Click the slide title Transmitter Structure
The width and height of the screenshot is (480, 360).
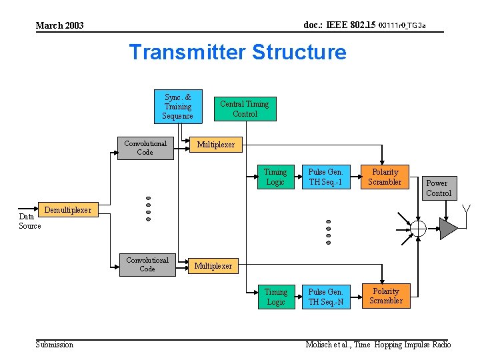237,52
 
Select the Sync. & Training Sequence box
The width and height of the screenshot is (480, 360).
178,107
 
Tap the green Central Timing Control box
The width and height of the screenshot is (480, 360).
245,109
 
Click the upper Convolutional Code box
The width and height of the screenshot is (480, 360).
145,148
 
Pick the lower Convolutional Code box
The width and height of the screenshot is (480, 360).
147,264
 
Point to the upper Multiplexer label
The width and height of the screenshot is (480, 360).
215,145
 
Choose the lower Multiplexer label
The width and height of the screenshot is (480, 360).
213,266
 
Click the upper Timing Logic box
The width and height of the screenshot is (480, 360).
275,177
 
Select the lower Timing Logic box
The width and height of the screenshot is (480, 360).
275,297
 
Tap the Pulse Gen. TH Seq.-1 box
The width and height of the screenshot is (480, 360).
325,177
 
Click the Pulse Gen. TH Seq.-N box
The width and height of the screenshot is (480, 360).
326,297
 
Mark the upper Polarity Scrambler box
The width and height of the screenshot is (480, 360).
385,177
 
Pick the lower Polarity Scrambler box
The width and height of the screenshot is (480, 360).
386,296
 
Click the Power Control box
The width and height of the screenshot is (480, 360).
438,188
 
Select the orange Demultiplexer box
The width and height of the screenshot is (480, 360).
67,210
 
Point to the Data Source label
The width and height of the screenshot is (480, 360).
29,221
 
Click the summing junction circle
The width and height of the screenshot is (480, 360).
418,229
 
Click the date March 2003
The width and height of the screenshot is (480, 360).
59,26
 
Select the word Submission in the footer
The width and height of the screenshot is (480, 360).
54,344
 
